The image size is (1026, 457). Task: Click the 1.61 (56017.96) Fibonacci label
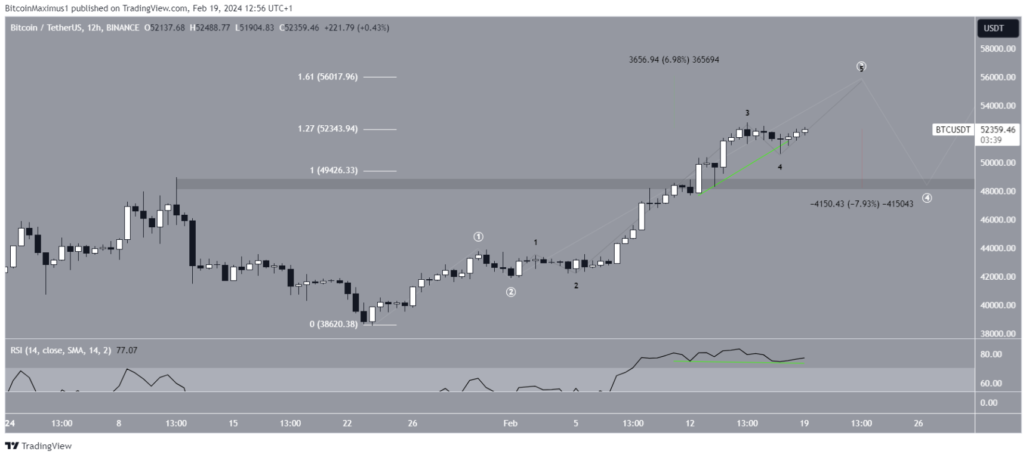(x=328, y=77)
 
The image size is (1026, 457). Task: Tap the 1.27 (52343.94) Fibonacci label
(x=328, y=129)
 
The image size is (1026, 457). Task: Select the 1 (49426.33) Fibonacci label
(x=334, y=171)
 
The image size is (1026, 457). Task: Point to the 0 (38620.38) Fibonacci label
(x=334, y=325)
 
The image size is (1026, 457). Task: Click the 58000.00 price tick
(x=998, y=49)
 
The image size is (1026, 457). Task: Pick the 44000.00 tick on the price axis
(x=998, y=248)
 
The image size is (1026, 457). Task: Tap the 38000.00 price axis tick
(x=998, y=334)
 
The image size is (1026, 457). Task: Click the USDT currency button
(x=994, y=28)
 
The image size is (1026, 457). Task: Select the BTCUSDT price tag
(x=953, y=129)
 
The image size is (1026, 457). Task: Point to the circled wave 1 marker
(x=479, y=237)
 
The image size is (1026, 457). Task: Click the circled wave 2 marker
(x=511, y=292)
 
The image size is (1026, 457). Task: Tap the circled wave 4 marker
(x=927, y=198)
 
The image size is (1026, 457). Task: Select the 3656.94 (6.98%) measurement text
(x=674, y=60)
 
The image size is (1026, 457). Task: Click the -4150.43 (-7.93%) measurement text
(x=861, y=204)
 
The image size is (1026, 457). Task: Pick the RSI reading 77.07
(x=127, y=350)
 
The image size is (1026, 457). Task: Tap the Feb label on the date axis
(x=510, y=424)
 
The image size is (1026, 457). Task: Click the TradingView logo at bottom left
(x=38, y=446)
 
